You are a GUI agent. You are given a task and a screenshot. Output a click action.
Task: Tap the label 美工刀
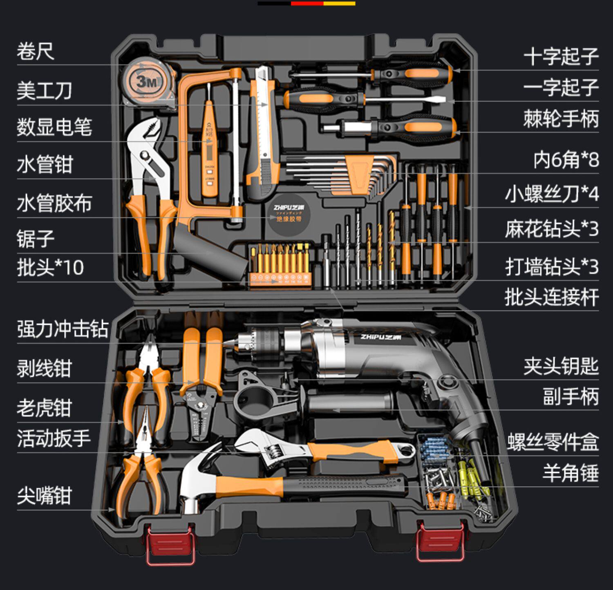click(44, 90)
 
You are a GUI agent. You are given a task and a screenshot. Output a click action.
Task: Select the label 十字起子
click(561, 56)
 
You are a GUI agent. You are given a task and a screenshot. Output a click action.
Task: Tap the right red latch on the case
click(440, 542)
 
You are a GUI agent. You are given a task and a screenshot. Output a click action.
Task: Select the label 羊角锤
click(570, 473)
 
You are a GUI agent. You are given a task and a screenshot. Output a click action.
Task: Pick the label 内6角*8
click(566, 160)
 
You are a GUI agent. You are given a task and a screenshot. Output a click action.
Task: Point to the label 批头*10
click(50, 268)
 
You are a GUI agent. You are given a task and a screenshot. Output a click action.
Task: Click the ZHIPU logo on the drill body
click(380, 337)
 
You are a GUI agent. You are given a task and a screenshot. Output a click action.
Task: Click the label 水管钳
click(45, 165)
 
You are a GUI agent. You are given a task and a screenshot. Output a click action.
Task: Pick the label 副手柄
click(570, 396)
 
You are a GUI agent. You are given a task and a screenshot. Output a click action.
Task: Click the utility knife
click(263, 131)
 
